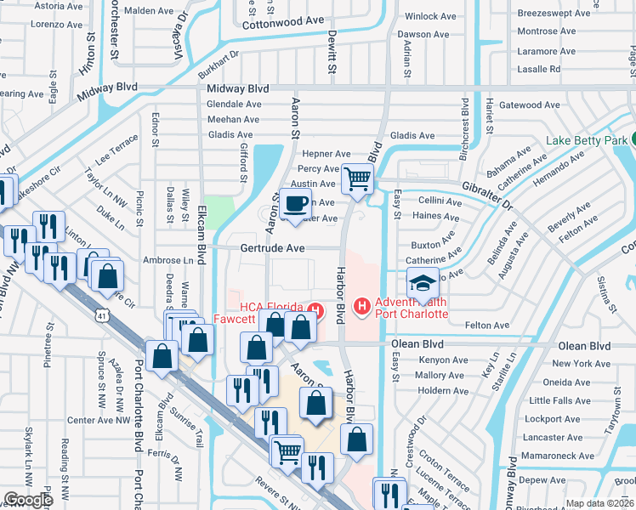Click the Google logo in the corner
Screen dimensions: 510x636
pyautogui.click(x=28, y=500)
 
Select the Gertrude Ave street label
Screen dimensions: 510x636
pyautogui.click(x=272, y=248)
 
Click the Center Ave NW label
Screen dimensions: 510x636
pyautogui.click(x=96, y=420)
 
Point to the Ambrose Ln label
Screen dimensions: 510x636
pyautogui.click(x=168, y=260)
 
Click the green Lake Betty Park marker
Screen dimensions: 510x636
pyautogui.click(x=634, y=140)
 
